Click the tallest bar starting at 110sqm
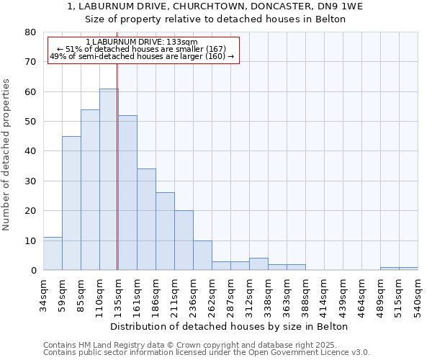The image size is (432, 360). (109, 179)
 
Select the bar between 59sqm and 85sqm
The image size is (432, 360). (71, 203)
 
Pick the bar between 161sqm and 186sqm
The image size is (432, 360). (146, 220)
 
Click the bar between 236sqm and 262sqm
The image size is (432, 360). (202, 255)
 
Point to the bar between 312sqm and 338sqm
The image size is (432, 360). (258, 264)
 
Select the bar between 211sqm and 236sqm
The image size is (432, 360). (184, 240)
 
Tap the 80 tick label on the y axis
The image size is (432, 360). (30, 32)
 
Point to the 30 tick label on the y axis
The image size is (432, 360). (30, 181)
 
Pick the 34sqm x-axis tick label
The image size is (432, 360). (43, 291)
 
